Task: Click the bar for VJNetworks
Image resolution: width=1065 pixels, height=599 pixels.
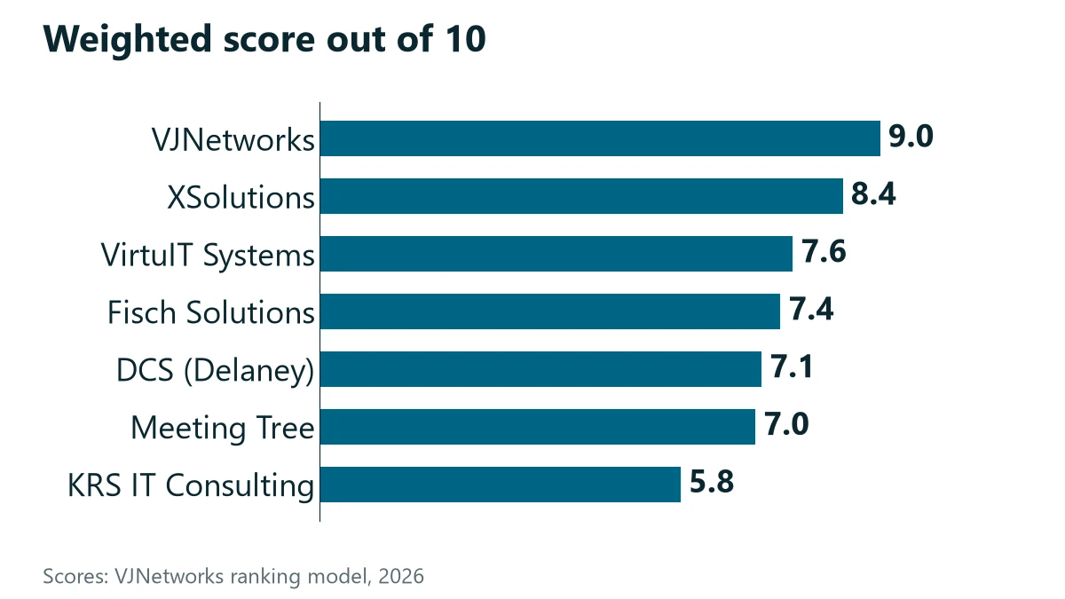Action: point(600,138)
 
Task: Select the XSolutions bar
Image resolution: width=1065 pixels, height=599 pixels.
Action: point(581,196)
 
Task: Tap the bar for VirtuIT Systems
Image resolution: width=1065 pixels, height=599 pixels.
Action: point(556,254)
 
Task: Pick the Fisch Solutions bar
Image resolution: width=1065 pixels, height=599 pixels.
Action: point(550,311)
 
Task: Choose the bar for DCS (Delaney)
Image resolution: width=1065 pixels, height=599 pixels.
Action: point(540,369)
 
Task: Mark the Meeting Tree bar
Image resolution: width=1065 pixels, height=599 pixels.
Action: point(538,427)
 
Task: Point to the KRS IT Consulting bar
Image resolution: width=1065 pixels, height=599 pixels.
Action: point(501,485)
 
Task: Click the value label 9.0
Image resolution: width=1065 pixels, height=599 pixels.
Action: point(911,137)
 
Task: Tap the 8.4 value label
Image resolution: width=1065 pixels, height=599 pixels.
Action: point(873,194)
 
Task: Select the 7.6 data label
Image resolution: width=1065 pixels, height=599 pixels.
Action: point(824,251)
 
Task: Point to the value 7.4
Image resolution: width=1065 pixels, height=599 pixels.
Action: point(811,310)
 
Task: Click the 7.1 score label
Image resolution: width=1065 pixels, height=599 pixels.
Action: point(792,367)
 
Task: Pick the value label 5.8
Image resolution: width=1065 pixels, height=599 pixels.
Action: point(712,482)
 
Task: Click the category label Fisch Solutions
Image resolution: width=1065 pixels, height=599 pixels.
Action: point(211,312)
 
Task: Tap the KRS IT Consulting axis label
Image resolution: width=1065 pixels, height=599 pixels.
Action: point(191,486)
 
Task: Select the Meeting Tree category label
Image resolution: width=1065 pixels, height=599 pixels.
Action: point(223,428)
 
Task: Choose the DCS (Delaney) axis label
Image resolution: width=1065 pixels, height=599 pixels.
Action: point(216,371)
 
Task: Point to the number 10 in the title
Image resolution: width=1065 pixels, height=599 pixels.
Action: point(466,38)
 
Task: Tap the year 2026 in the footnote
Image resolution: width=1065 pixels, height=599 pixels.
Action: point(401,576)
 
